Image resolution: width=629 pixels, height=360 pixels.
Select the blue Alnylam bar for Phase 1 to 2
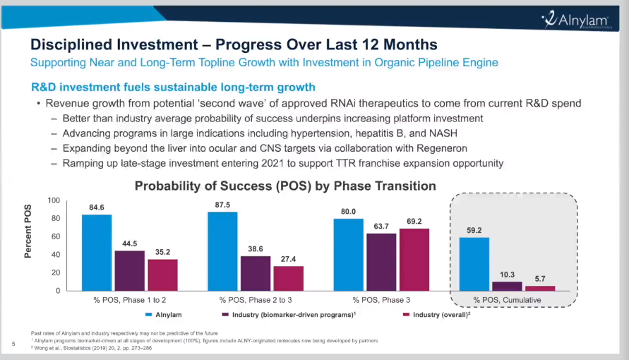[97, 252]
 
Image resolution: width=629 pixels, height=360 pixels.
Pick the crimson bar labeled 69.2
[414, 259]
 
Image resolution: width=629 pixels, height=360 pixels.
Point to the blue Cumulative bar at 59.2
[474, 264]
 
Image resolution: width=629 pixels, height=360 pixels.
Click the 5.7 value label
[540, 279]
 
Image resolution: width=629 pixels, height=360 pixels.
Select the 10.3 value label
[508, 275]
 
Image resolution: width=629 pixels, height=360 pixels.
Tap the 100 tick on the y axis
[53, 200]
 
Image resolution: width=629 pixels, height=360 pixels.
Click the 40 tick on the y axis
[55, 255]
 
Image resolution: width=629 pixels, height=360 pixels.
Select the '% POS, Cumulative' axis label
[506, 300]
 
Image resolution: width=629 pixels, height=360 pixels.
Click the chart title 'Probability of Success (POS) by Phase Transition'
[285, 186]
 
